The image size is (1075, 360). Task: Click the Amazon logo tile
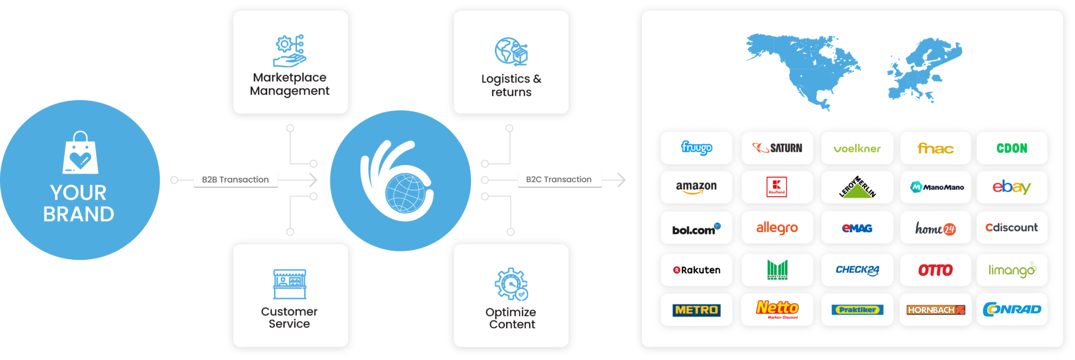tap(696, 187)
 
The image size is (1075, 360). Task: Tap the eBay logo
tap(1011, 187)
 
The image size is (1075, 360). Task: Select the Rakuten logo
tap(696, 270)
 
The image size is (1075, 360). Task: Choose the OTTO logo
tap(935, 270)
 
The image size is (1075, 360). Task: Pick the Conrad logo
tap(1012, 309)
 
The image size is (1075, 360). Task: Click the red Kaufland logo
tap(777, 187)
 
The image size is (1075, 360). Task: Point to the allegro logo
tap(777, 228)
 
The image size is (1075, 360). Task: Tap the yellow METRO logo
tap(696, 310)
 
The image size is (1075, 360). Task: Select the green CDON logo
tap(1012, 148)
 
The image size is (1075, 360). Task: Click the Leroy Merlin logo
tap(857, 187)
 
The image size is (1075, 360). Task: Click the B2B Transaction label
tap(235, 180)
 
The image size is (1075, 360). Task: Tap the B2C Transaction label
tap(559, 180)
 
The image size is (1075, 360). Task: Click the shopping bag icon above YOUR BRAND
tap(80, 154)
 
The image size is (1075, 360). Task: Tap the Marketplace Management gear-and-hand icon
tap(289, 51)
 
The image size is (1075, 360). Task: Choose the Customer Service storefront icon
tap(289, 284)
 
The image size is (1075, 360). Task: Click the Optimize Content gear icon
tap(511, 284)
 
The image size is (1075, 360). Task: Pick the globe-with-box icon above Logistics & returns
tap(511, 52)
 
